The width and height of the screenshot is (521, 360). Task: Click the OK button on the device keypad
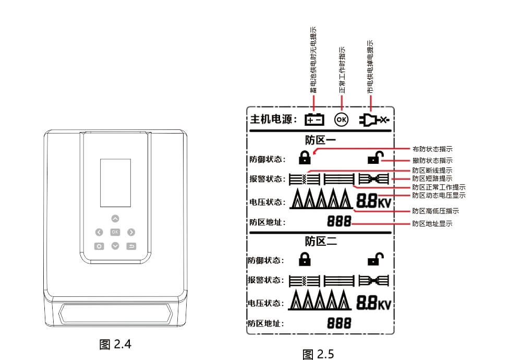[115, 232]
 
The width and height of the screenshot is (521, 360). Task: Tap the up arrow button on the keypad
[115, 219]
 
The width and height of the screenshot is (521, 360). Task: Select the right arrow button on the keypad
[131, 232]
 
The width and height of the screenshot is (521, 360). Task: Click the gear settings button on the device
[99, 246]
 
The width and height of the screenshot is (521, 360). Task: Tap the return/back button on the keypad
[131, 246]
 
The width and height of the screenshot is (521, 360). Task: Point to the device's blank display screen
[115, 183]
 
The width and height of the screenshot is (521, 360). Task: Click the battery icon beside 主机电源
[314, 119]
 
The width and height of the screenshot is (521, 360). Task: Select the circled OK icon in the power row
[341, 119]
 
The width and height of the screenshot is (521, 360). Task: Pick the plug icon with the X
[374, 119]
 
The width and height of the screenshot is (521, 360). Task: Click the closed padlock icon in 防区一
[305, 157]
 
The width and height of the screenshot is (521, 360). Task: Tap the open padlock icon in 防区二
[375, 259]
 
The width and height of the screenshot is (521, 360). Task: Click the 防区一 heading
[320, 140]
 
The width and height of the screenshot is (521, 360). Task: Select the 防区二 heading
[321, 242]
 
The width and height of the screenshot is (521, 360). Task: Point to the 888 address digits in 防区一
[339, 221]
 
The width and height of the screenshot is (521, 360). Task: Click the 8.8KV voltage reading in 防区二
[373, 303]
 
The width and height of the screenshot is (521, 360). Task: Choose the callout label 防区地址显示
[432, 224]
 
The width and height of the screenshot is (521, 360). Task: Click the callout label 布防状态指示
[432, 149]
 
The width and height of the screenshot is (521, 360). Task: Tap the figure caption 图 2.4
[115, 344]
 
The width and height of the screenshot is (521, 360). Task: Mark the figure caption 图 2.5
[318, 354]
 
